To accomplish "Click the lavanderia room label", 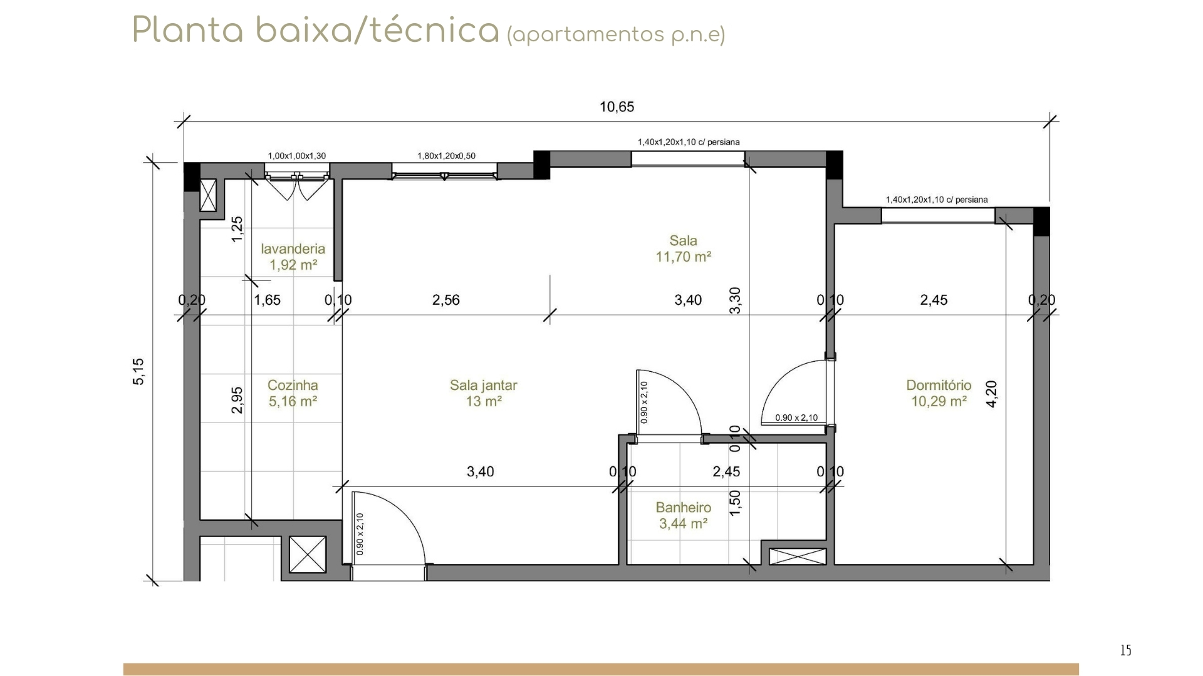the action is [293, 257].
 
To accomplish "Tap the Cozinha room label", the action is [293, 393].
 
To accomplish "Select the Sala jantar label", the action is [483, 393].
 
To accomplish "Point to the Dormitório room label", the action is [939, 393].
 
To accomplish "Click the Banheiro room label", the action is [683, 515].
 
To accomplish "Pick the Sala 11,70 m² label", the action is [683, 248].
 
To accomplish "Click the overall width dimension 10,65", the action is [617, 106].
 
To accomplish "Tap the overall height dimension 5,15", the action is [138, 371].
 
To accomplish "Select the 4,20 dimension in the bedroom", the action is [992, 394].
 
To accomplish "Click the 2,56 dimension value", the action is [446, 300].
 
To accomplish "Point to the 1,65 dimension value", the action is [268, 300].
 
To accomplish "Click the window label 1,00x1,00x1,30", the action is [297, 156].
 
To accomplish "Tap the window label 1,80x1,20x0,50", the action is [446, 156].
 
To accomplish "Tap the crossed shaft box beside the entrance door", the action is [308, 555].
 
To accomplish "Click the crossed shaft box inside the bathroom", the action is [798, 556].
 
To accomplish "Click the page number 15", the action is [1125, 651].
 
